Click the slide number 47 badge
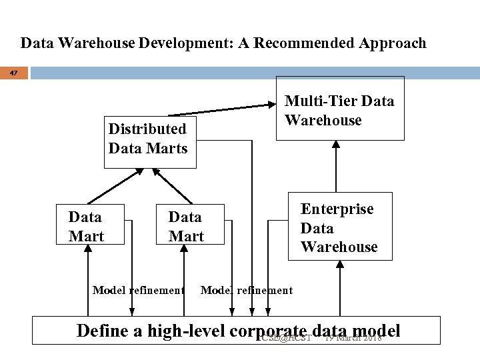[x=14, y=72]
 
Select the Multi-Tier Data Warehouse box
[x=340, y=109]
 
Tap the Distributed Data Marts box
[x=148, y=138]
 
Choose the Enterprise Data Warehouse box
[x=339, y=227]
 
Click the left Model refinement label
[x=138, y=290]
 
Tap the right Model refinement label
[x=247, y=290]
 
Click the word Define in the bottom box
[x=101, y=331]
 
